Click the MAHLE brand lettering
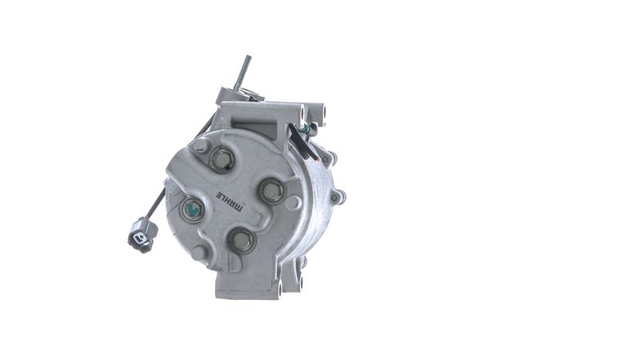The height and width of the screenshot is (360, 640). [x=229, y=201]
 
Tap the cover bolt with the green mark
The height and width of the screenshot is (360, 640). [x=192, y=210]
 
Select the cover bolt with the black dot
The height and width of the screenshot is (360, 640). [x=222, y=158]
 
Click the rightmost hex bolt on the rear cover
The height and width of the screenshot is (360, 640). [x=273, y=190]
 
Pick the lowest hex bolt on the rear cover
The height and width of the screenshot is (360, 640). [x=242, y=241]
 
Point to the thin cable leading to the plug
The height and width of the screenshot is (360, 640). [x=157, y=203]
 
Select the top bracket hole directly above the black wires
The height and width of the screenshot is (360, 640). [x=302, y=113]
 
